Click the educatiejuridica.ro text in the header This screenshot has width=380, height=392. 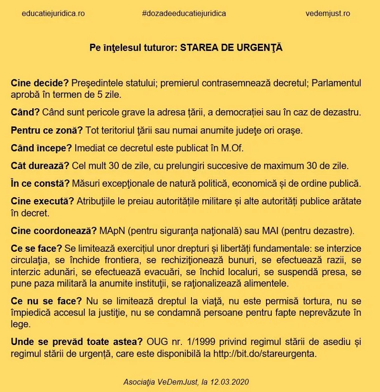(53, 13)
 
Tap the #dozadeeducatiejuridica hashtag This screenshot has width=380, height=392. (184, 13)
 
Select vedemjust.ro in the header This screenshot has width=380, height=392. (328, 13)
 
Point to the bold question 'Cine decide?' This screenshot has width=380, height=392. (40, 83)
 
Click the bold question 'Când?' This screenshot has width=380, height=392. (25, 113)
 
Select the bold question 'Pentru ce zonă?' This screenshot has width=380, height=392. (47, 130)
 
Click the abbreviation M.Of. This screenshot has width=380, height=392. (232, 148)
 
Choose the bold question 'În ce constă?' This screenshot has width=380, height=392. (40, 183)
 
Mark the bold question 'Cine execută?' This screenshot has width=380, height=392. (42, 201)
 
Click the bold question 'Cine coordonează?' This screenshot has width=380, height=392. (54, 231)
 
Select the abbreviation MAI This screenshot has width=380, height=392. (271, 231)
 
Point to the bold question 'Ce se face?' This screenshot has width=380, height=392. (37, 249)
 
